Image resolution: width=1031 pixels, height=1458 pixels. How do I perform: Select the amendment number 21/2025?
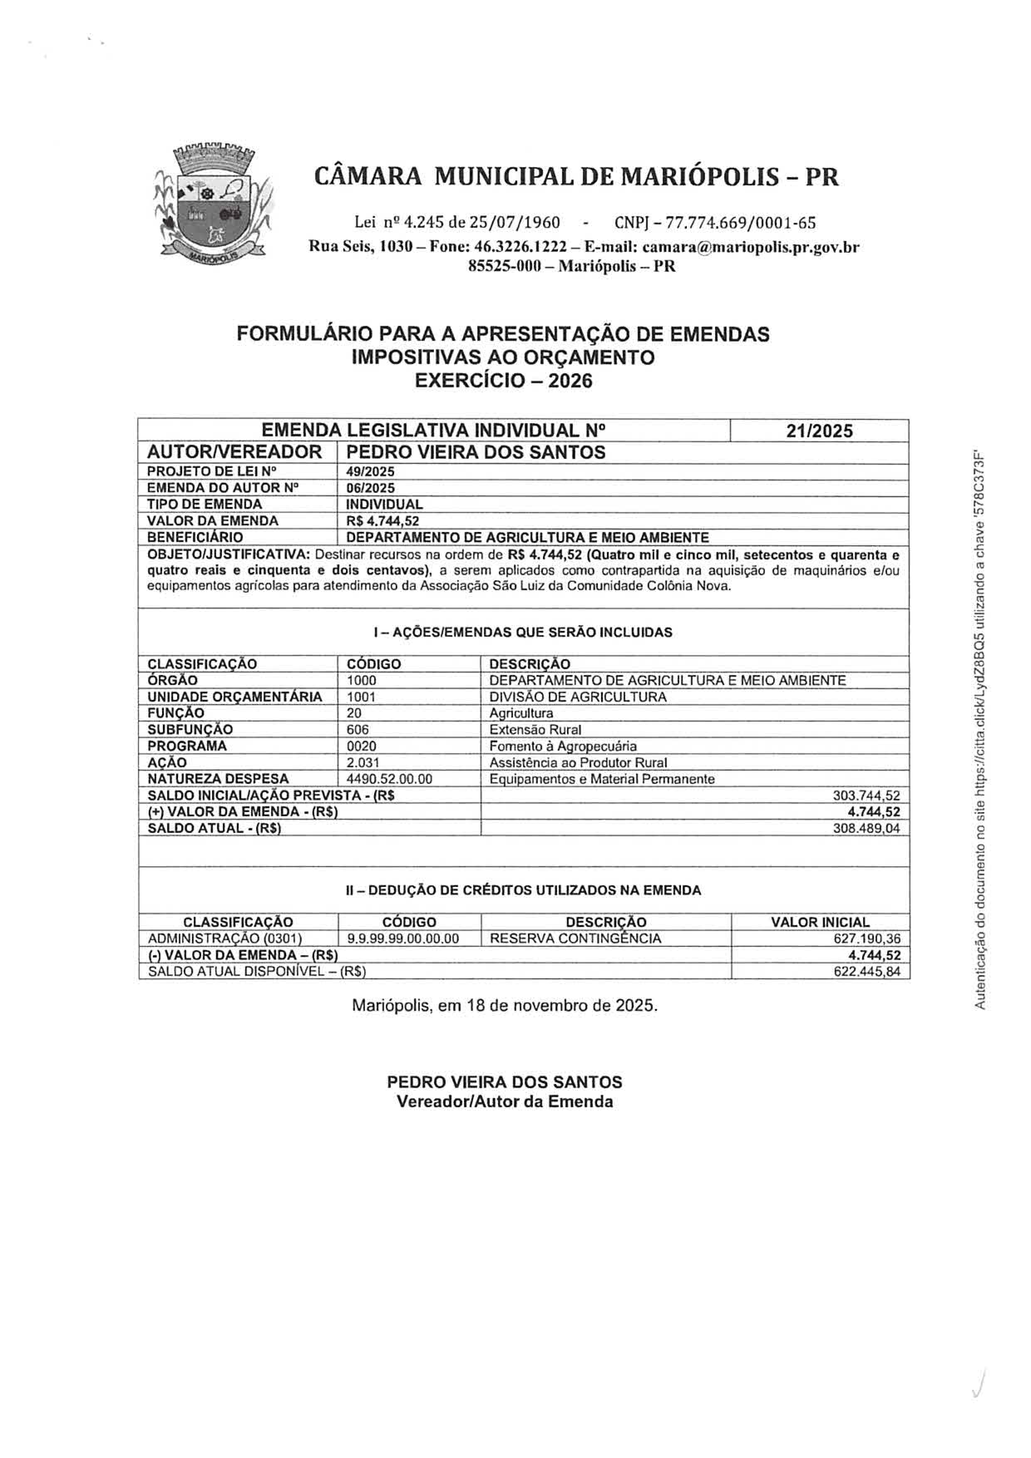tap(819, 431)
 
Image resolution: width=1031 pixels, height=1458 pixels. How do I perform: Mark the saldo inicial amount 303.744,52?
tap(866, 795)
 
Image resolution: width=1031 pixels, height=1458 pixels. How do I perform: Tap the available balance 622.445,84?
tap(866, 972)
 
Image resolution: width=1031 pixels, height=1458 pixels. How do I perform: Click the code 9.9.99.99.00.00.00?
tap(403, 938)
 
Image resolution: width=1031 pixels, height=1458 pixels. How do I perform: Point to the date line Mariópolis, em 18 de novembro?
tap(505, 1006)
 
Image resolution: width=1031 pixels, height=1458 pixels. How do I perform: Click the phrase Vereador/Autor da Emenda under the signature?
tap(505, 1102)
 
